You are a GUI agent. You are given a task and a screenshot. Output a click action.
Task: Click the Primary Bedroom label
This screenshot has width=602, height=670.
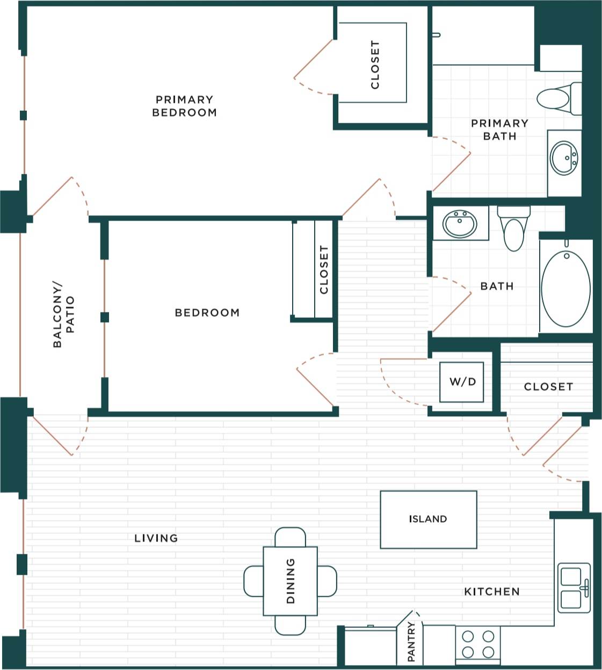click(x=184, y=106)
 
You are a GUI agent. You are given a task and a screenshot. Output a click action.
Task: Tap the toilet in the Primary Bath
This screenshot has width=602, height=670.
click(x=556, y=99)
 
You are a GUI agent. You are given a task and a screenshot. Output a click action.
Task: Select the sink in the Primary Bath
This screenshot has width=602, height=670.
click(x=564, y=158)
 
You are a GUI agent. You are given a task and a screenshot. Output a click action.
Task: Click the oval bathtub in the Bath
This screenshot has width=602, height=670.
click(x=565, y=288)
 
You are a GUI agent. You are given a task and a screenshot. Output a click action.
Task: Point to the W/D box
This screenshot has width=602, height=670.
click(x=462, y=382)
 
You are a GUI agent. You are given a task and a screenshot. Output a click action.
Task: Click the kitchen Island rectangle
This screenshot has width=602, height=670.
click(x=428, y=519)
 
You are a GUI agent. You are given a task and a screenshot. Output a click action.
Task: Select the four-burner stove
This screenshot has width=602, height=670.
click(x=478, y=644)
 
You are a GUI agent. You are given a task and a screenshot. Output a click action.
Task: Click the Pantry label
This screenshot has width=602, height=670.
click(x=411, y=642)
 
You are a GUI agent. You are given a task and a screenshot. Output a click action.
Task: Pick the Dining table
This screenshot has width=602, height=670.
click(x=290, y=581)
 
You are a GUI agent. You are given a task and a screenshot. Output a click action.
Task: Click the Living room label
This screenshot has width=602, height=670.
click(x=156, y=538)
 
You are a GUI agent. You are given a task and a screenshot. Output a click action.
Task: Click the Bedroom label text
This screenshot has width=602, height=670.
click(x=207, y=312)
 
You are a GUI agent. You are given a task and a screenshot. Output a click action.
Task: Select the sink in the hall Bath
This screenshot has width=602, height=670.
click(x=460, y=224)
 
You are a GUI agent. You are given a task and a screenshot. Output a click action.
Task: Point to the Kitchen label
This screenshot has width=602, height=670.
click(x=491, y=591)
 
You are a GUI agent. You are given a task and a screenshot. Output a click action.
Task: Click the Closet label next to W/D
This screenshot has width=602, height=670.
click(x=548, y=387)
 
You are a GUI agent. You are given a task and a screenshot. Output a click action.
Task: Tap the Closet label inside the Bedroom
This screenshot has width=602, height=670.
click(x=323, y=269)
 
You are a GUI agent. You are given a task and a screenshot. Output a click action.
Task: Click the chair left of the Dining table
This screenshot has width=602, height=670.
click(x=253, y=581)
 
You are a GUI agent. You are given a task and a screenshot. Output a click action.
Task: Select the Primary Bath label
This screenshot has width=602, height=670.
click(x=499, y=130)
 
